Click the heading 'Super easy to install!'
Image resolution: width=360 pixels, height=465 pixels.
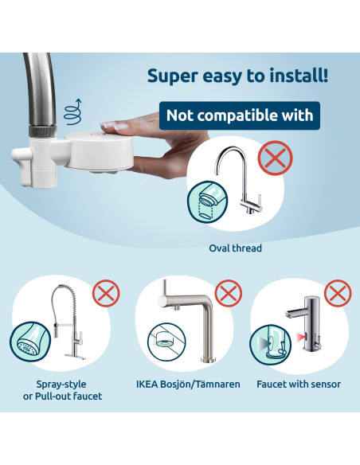pos(238,76)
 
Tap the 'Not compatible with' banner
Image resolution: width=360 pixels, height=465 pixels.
pos(239,115)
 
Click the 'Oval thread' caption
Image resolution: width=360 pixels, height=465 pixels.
pos(235,248)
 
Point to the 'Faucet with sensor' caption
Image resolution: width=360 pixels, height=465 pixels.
pos(299,385)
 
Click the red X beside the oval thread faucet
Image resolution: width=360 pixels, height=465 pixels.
pos(276,158)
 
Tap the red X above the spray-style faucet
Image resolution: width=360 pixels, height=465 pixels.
pos(106,294)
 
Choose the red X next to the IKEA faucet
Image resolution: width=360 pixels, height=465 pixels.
pos(229,294)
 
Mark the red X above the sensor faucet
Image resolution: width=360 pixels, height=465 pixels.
pos(338,293)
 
